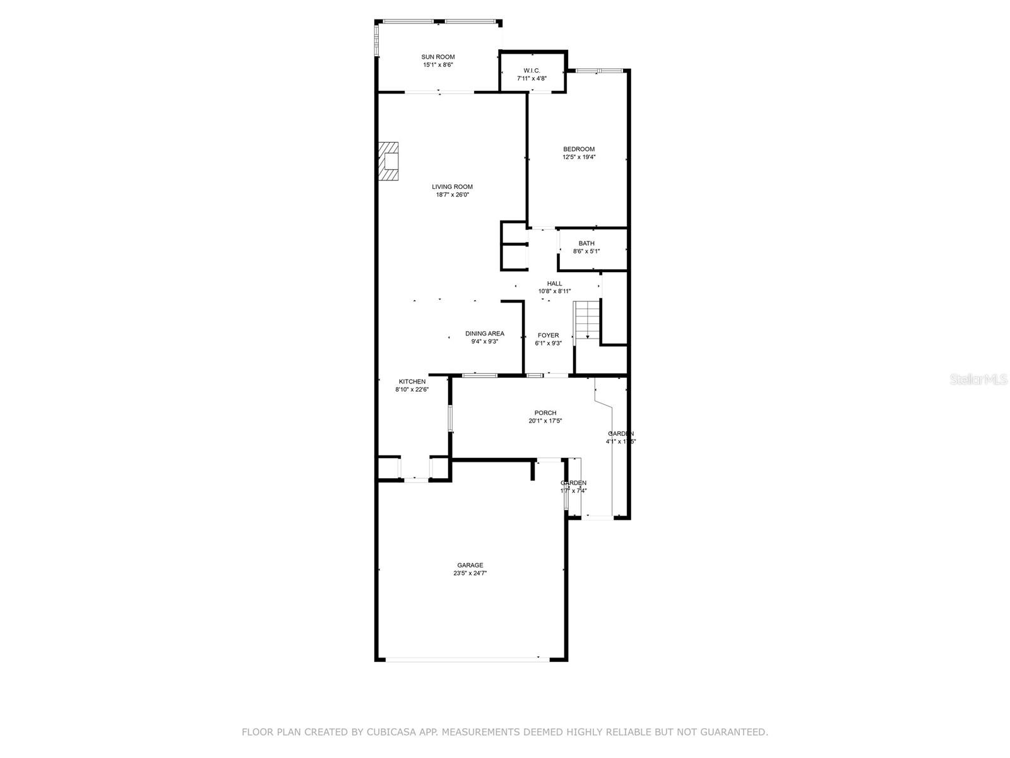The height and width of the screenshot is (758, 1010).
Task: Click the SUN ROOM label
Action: point(438,57)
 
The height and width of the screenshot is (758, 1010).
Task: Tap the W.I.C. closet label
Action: point(532,70)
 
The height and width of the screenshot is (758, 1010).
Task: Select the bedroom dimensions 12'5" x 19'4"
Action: point(579,157)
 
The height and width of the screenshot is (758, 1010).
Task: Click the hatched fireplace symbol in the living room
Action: point(389,162)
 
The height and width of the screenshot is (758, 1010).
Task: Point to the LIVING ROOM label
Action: point(452,186)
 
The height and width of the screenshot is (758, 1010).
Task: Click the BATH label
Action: point(586,243)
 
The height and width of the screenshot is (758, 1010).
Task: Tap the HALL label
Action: point(554,284)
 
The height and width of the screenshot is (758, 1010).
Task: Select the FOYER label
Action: point(548,335)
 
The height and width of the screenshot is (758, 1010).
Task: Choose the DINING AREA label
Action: point(485,334)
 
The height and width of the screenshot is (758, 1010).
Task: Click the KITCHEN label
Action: point(412,382)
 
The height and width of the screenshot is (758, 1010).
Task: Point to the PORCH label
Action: point(545,412)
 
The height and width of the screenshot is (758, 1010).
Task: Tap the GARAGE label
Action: point(470,565)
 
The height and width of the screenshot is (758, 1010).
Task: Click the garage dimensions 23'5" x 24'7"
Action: point(470,574)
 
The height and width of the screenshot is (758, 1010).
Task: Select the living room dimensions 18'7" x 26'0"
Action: point(452,195)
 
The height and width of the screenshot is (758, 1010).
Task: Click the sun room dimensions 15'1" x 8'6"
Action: point(438,65)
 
